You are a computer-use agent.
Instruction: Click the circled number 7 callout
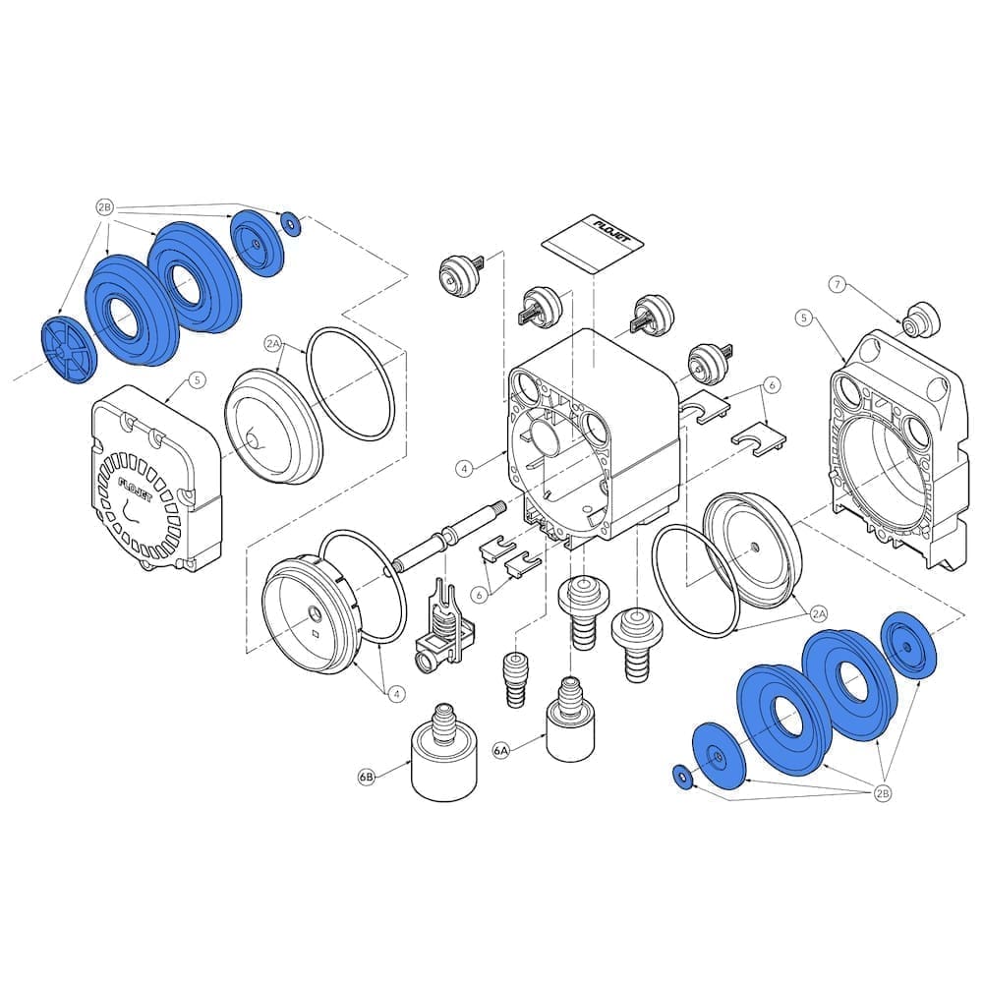pos(837,284)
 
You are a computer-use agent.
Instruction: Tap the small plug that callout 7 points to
pos(920,319)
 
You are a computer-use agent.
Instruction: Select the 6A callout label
pos(502,750)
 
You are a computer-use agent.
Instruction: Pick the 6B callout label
pos(367,777)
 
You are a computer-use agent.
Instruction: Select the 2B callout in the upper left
pos(105,207)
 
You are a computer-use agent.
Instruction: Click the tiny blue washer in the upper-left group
pos(291,222)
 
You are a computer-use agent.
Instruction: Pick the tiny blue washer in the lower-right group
pos(681,777)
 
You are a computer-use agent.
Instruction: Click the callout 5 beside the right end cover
pos(804,318)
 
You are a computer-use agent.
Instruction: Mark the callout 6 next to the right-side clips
pos(773,384)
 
